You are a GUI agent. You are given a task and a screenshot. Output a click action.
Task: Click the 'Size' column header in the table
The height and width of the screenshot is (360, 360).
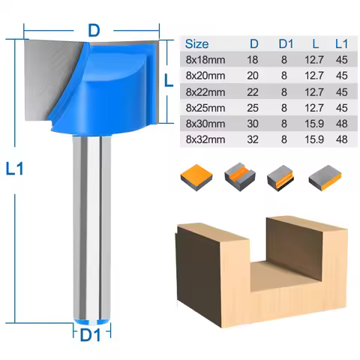point(196,44)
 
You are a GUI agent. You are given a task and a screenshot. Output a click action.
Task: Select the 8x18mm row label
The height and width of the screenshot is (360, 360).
point(204,59)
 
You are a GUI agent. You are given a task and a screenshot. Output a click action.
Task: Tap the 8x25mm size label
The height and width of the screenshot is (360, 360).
point(204,106)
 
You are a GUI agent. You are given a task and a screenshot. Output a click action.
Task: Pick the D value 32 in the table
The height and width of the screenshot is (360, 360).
point(253,139)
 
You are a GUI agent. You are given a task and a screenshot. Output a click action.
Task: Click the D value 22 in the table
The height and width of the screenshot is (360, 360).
point(253,91)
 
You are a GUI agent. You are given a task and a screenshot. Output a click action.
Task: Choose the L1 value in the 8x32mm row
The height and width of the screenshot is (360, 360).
point(341,139)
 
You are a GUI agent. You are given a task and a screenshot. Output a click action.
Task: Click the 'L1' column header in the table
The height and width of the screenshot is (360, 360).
point(341,44)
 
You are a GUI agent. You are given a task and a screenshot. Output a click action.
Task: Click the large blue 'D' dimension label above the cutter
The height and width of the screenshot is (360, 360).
point(94,31)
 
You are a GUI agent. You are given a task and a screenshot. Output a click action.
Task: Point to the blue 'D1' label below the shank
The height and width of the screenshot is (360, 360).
point(90,335)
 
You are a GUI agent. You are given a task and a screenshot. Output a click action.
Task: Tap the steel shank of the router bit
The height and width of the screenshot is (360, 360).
point(91,225)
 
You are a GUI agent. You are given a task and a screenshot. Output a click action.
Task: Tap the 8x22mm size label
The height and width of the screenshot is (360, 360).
point(204,91)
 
